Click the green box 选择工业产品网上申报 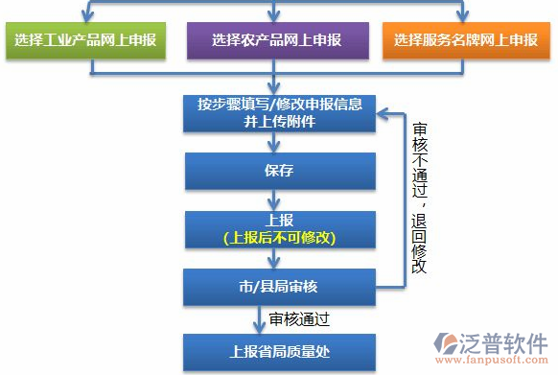(84, 40)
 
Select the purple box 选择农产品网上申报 (277, 40)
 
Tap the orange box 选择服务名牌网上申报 (466, 40)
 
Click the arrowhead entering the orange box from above (466, 14)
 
